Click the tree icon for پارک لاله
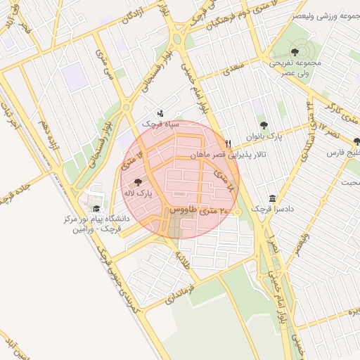pyautogui.click(x=136, y=181)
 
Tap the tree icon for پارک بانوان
pyautogui.click(x=264, y=125)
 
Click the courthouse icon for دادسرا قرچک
pyautogui.click(x=273, y=198)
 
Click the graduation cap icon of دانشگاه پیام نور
pyautogui.click(x=96, y=209)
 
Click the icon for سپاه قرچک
pyautogui.click(x=160, y=113)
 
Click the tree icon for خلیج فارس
pyautogui.click(x=356, y=141)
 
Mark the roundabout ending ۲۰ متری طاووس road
pyautogui.click(x=237, y=211)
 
